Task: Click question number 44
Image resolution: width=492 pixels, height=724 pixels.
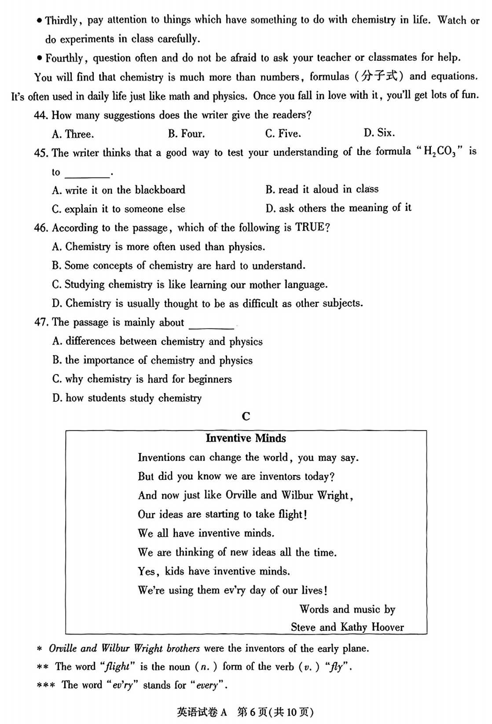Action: (x=40, y=115)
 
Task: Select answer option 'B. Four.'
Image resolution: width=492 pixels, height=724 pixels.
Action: (x=186, y=134)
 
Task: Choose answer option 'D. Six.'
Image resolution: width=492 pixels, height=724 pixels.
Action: (x=379, y=133)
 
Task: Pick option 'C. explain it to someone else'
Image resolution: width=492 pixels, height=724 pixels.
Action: (x=118, y=209)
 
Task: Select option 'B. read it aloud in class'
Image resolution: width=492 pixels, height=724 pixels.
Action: (x=322, y=189)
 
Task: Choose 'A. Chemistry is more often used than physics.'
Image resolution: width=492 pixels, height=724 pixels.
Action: (x=158, y=247)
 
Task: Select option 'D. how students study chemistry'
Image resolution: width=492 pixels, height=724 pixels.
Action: (x=127, y=398)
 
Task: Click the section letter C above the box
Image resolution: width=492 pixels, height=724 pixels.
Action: (x=246, y=416)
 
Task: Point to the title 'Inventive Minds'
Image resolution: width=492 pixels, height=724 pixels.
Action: (x=246, y=438)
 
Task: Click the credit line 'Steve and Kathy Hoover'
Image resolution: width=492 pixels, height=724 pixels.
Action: (x=347, y=627)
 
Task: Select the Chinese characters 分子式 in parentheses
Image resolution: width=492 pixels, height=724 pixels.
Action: (x=379, y=76)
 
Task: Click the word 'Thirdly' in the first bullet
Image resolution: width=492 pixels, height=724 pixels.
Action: (x=62, y=20)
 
